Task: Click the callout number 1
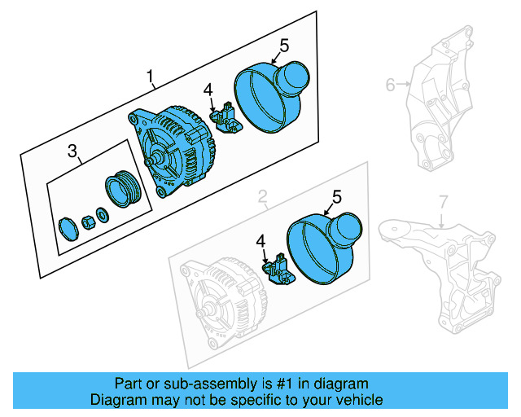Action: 151,78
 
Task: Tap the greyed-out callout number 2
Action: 263,196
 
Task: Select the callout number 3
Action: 72,151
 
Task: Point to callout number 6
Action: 390,84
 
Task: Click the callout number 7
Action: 443,200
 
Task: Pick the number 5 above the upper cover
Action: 285,45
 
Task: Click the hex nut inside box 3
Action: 85,220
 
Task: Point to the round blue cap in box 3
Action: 69,228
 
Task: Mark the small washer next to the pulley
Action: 102,215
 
